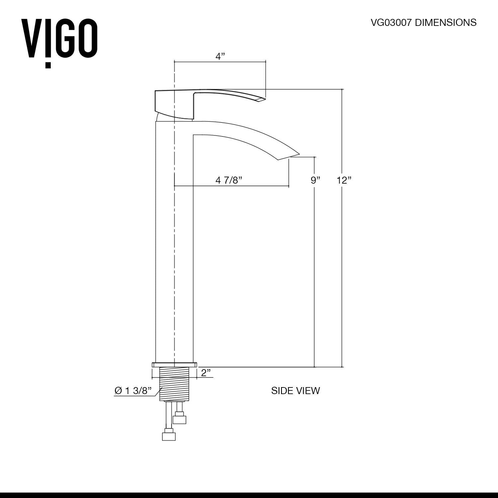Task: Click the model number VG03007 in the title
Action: pyautogui.click(x=391, y=23)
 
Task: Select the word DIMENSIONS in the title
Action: pyautogui.click(x=446, y=23)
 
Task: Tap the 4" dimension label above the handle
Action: pyautogui.click(x=220, y=56)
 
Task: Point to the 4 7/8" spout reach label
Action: pyautogui.click(x=229, y=180)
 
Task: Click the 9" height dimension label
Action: pyautogui.click(x=315, y=180)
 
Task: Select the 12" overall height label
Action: pyautogui.click(x=344, y=180)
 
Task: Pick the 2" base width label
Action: pyautogui.click(x=206, y=373)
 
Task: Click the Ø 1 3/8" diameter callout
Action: pyautogui.click(x=132, y=391)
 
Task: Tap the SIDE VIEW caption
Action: pyautogui.click(x=295, y=391)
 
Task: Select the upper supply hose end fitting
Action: pyautogui.click(x=180, y=419)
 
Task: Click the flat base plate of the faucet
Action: pyautogui.click(x=174, y=365)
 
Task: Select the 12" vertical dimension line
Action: pyautogui.click(x=342, y=266)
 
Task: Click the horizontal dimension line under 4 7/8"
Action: pyautogui.click(x=231, y=186)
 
